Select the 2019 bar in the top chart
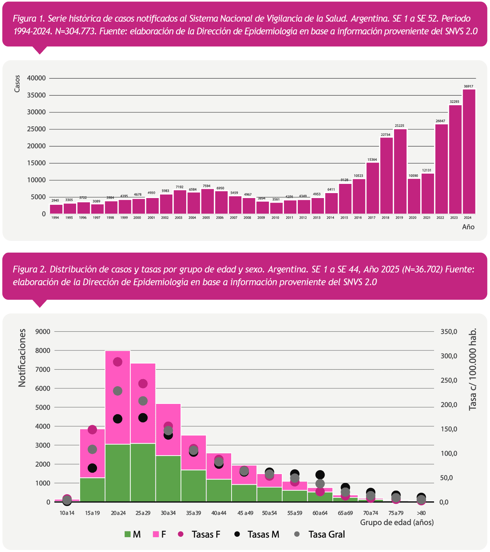pyautogui.click(x=400, y=171)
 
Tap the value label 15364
pyautogui.click(x=372, y=160)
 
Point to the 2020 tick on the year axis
pyautogui.click(x=412, y=218)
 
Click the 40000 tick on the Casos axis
pyautogui.click(x=37, y=78)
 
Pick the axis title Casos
pyautogui.click(x=17, y=84)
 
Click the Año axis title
pyautogui.click(x=468, y=227)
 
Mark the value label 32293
pyautogui.click(x=455, y=102)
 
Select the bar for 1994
pyautogui.click(x=56, y=209)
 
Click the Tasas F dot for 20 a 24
pyautogui.click(x=118, y=362)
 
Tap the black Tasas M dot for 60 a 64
pyautogui.click(x=320, y=475)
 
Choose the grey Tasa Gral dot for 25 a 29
pyautogui.click(x=143, y=401)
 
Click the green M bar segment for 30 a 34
pyautogui.click(x=168, y=478)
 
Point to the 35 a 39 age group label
pyautogui.click(x=194, y=513)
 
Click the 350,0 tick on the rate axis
pyautogui.click(x=449, y=332)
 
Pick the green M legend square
pyautogui.click(x=127, y=534)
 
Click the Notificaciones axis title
pyautogui.click(x=22, y=358)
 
